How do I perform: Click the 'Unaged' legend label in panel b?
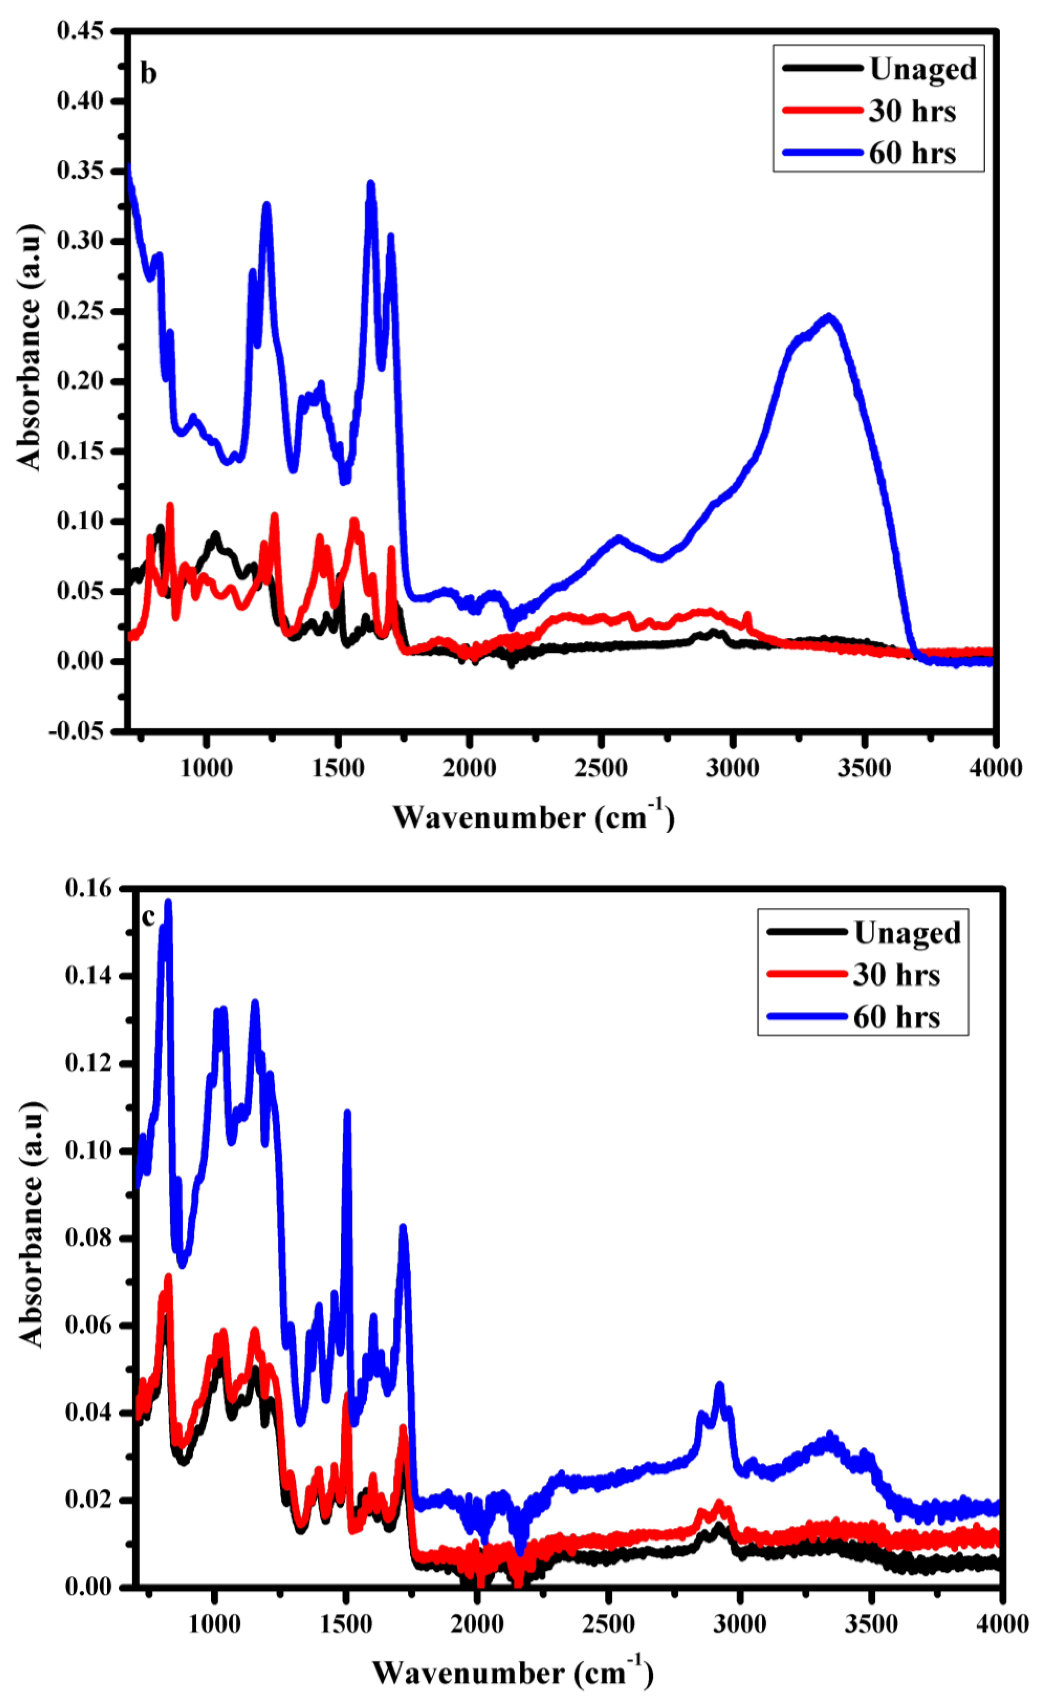click(922, 69)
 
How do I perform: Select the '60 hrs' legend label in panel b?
click(912, 153)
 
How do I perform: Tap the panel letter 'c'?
click(148, 917)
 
